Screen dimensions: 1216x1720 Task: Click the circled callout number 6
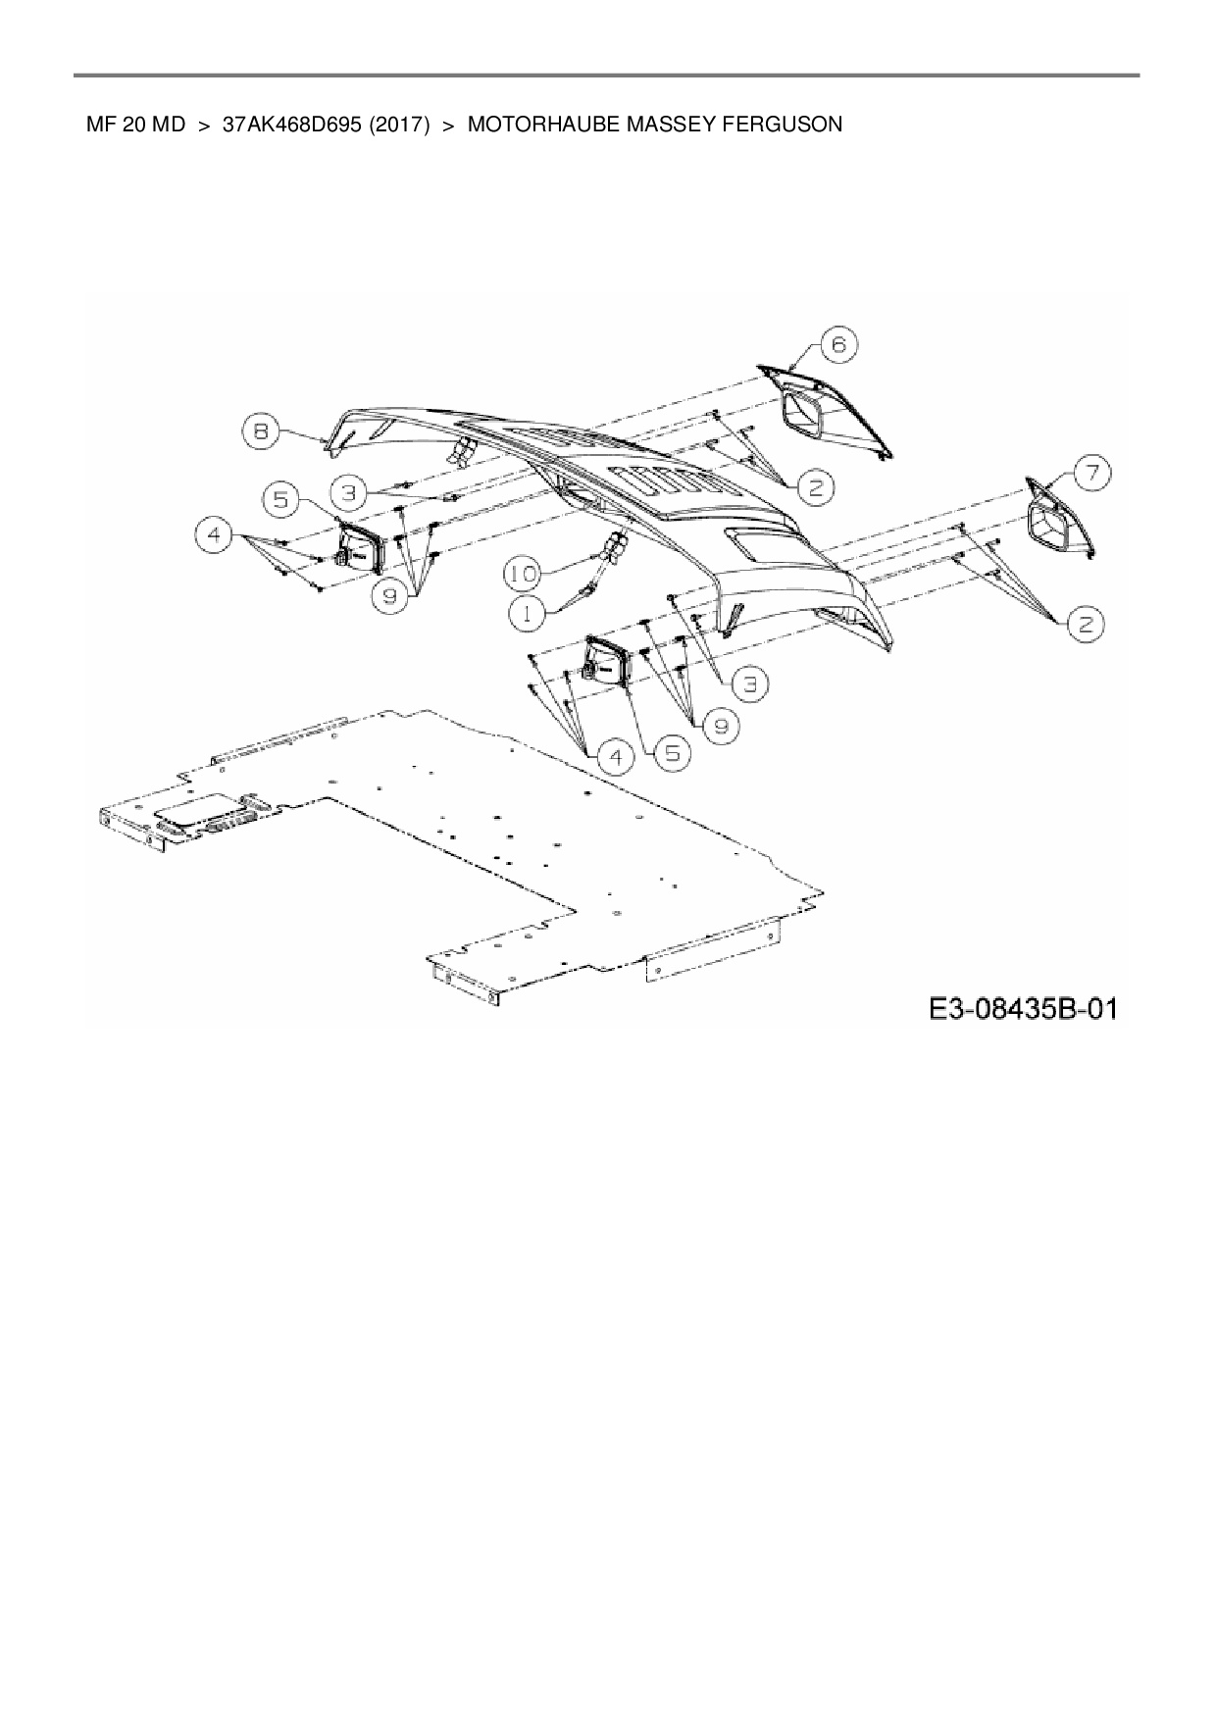(x=838, y=345)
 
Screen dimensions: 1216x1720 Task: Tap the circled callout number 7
(x=1090, y=474)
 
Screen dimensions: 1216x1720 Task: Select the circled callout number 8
(x=261, y=430)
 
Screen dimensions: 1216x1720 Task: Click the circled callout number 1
(x=527, y=612)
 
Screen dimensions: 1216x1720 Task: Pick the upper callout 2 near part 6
(x=815, y=486)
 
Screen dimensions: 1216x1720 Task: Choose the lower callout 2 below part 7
(x=1086, y=625)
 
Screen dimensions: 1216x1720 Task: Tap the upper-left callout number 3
(x=349, y=489)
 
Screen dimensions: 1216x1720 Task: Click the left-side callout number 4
(x=215, y=535)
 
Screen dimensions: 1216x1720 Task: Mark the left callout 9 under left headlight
(x=390, y=597)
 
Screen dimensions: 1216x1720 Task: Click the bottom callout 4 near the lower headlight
(x=616, y=757)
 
